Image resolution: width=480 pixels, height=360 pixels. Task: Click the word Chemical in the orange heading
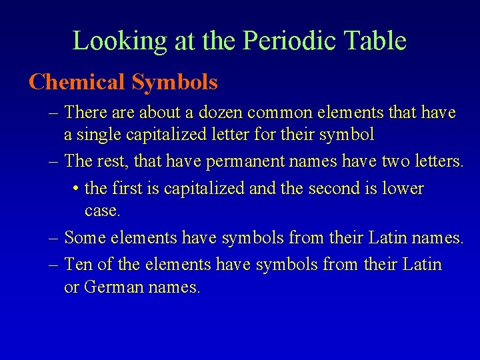pos(77,83)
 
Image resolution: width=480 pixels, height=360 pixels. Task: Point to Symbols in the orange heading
pos(175,83)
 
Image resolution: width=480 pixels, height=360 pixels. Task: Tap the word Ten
pos(79,265)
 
